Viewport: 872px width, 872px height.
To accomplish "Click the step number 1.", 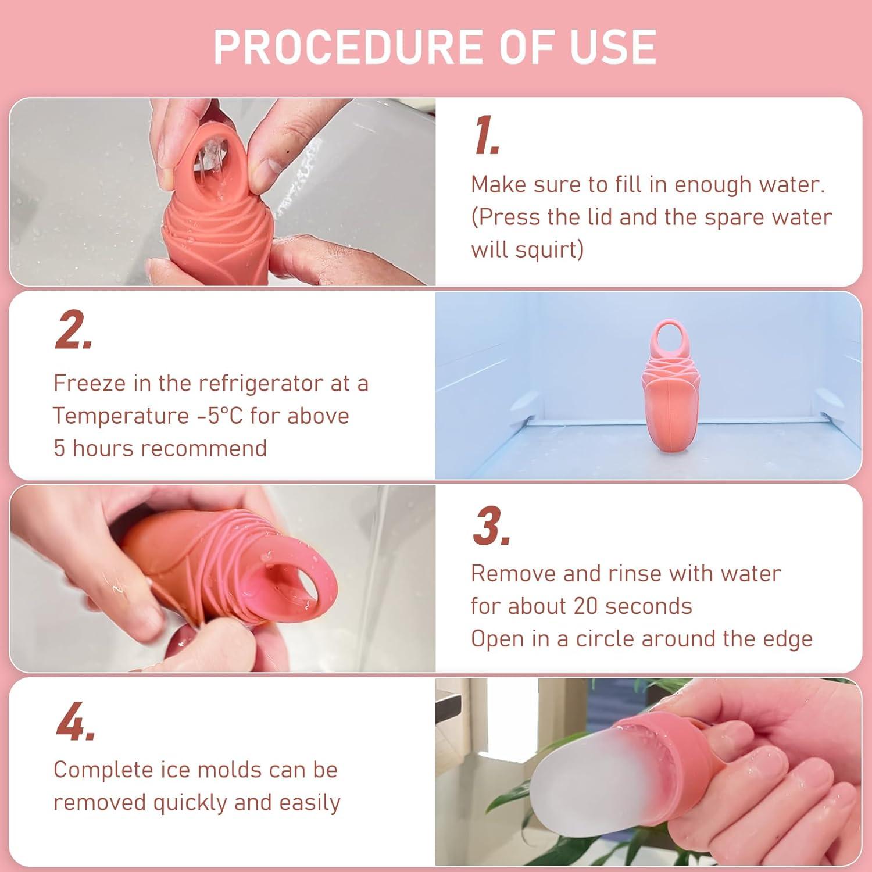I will pyautogui.click(x=485, y=136).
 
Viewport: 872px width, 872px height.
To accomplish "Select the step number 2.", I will pyautogui.click(x=72, y=330).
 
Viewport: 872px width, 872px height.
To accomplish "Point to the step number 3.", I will pyautogui.click(x=490, y=527).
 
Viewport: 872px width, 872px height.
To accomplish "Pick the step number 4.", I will pyautogui.click(x=74, y=721).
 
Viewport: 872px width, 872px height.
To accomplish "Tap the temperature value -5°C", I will pyautogui.click(x=213, y=416).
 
